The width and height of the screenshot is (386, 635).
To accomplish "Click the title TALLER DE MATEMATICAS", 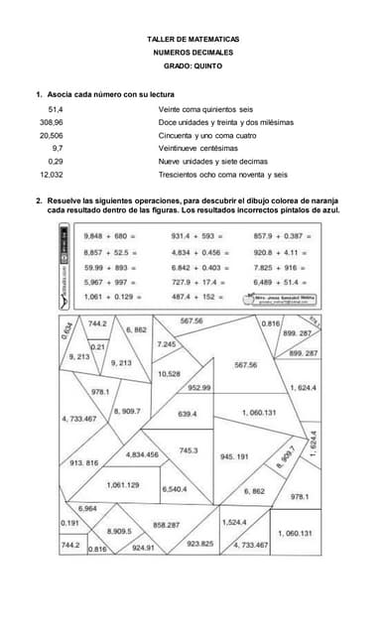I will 193,38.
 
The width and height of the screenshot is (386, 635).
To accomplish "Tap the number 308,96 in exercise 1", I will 51,122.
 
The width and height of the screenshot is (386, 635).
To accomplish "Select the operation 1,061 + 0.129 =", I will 109,298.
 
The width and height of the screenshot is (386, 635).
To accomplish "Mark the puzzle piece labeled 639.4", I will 187,414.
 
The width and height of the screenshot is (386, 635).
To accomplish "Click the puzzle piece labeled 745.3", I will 189,450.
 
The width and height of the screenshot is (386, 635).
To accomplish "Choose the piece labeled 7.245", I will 167,343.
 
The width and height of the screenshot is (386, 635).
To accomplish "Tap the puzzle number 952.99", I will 198,387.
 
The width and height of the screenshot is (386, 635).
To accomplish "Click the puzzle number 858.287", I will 166,524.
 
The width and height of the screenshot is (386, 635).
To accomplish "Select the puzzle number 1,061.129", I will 122,485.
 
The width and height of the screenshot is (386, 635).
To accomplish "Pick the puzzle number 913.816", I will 83,463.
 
